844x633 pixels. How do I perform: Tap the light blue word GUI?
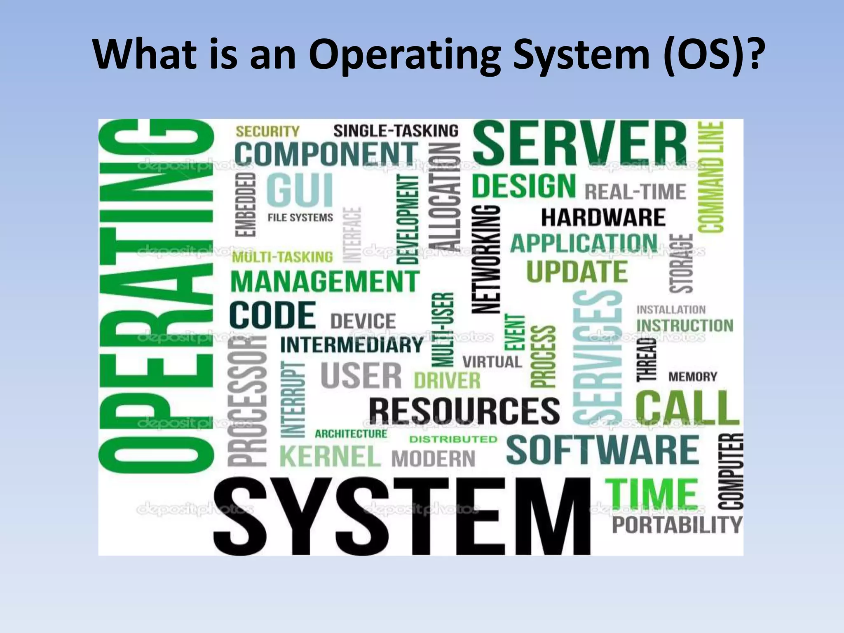[300, 190]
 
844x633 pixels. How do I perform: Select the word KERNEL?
[330, 456]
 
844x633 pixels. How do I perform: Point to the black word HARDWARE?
[603, 218]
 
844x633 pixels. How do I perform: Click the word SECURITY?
[267, 131]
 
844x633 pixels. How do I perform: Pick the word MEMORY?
[693, 377]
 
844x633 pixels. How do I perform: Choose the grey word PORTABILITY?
[677, 525]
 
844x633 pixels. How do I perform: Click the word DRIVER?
[447, 380]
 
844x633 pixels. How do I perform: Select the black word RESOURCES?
[464, 411]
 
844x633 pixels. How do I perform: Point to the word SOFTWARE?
[603, 450]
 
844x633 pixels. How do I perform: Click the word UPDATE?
[577, 272]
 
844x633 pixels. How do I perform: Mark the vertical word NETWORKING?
[486, 260]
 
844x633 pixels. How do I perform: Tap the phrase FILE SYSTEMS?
[300, 218]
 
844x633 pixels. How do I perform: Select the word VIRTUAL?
[492, 362]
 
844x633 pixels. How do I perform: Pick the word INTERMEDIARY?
[352, 345]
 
